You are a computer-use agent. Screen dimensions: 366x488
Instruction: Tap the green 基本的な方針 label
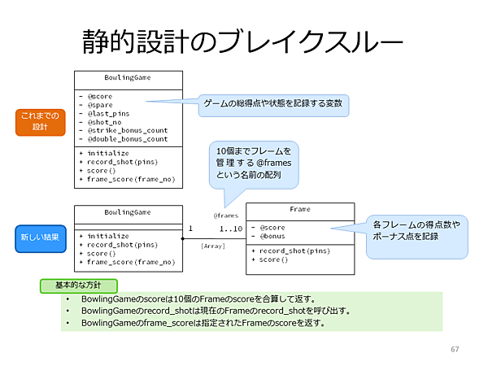[78, 286]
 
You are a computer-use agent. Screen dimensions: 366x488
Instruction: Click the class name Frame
[300, 210]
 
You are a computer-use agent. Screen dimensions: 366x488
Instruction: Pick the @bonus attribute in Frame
[270, 235]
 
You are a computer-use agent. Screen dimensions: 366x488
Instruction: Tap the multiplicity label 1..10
[230, 229]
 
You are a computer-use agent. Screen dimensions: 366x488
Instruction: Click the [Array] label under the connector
[213, 245]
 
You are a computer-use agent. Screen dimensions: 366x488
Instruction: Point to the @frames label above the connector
[225, 216]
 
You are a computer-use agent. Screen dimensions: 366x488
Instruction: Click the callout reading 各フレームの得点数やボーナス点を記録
[416, 230]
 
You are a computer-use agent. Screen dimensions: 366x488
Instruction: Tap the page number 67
[455, 349]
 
